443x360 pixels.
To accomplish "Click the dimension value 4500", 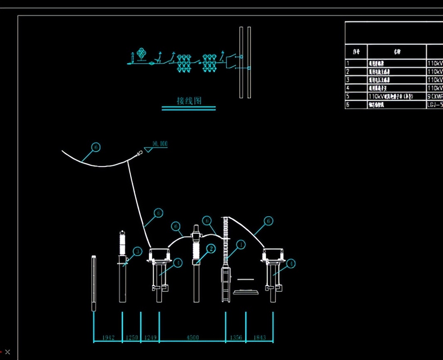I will pos(192,337).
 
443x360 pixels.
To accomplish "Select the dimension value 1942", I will pos(108,337).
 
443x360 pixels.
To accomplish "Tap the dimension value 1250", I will pos(131,337).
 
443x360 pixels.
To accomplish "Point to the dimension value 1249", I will pos(150,337).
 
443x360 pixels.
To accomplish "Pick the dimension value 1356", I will pos(236,337).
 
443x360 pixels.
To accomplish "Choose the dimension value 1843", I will pos(259,337).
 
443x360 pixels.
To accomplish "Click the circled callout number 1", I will pos(241,245).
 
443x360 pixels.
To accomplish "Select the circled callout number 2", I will pos(211,249).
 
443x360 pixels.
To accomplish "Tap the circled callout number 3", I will pos(137,252).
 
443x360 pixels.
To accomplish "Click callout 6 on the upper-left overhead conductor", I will pos(96,147).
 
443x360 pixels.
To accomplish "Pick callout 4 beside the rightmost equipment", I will pos(291,264).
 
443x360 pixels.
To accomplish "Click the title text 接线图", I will pos(189,101).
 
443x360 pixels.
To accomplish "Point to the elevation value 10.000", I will pos(160,144).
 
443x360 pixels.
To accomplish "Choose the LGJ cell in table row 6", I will pos(435,104).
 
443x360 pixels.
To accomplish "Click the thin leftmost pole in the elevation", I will pos(94,283).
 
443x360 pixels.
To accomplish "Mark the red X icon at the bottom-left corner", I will pos(7,352).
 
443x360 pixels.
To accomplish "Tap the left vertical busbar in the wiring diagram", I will pos(241,62).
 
